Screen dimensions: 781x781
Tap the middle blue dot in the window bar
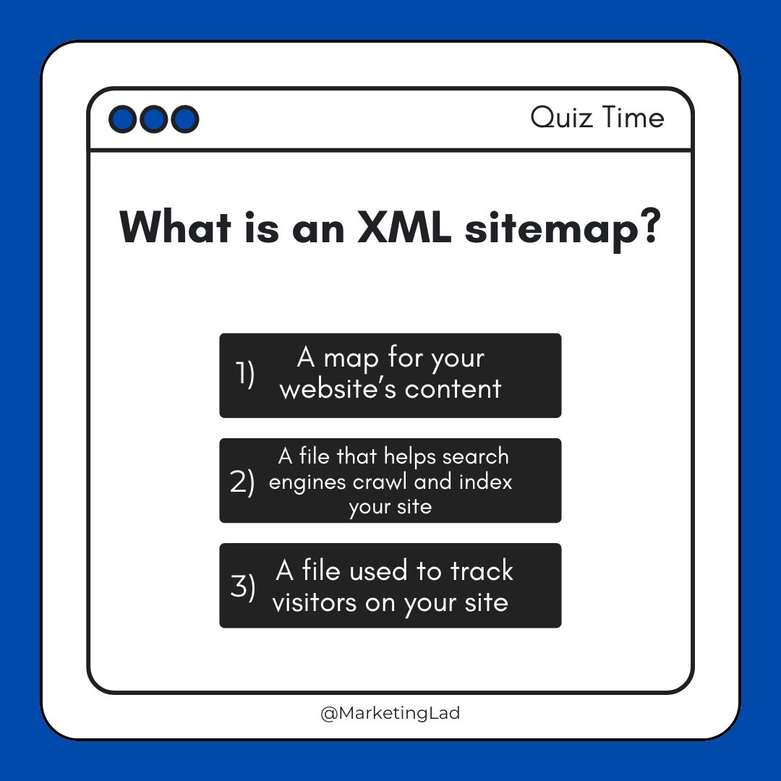(x=154, y=119)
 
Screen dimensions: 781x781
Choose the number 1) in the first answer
(x=245, y=375)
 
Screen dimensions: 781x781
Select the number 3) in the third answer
(x=243, y=587)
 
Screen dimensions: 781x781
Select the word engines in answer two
(x=302, y=482)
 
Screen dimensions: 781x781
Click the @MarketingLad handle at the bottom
(x=390, y=713)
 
